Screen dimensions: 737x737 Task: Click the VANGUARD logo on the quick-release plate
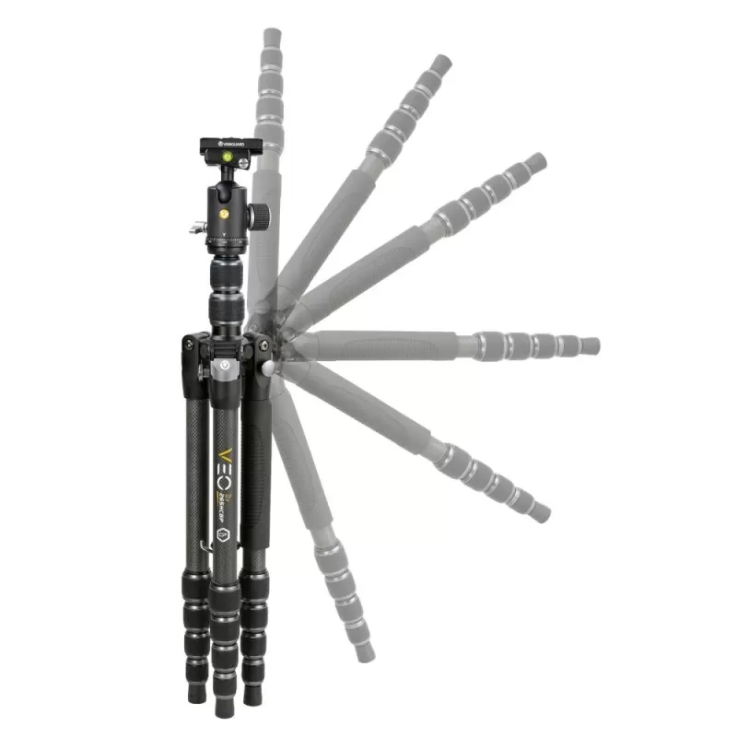tap(230, 144)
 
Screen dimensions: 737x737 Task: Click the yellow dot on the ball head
tap(225, 213)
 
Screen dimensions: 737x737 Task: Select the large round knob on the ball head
tap(261, 216)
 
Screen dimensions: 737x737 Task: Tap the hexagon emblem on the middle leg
tap(221, 533)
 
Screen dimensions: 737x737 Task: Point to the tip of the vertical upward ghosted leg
tap(272, 36)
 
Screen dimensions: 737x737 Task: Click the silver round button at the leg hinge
tap(268, 368)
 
